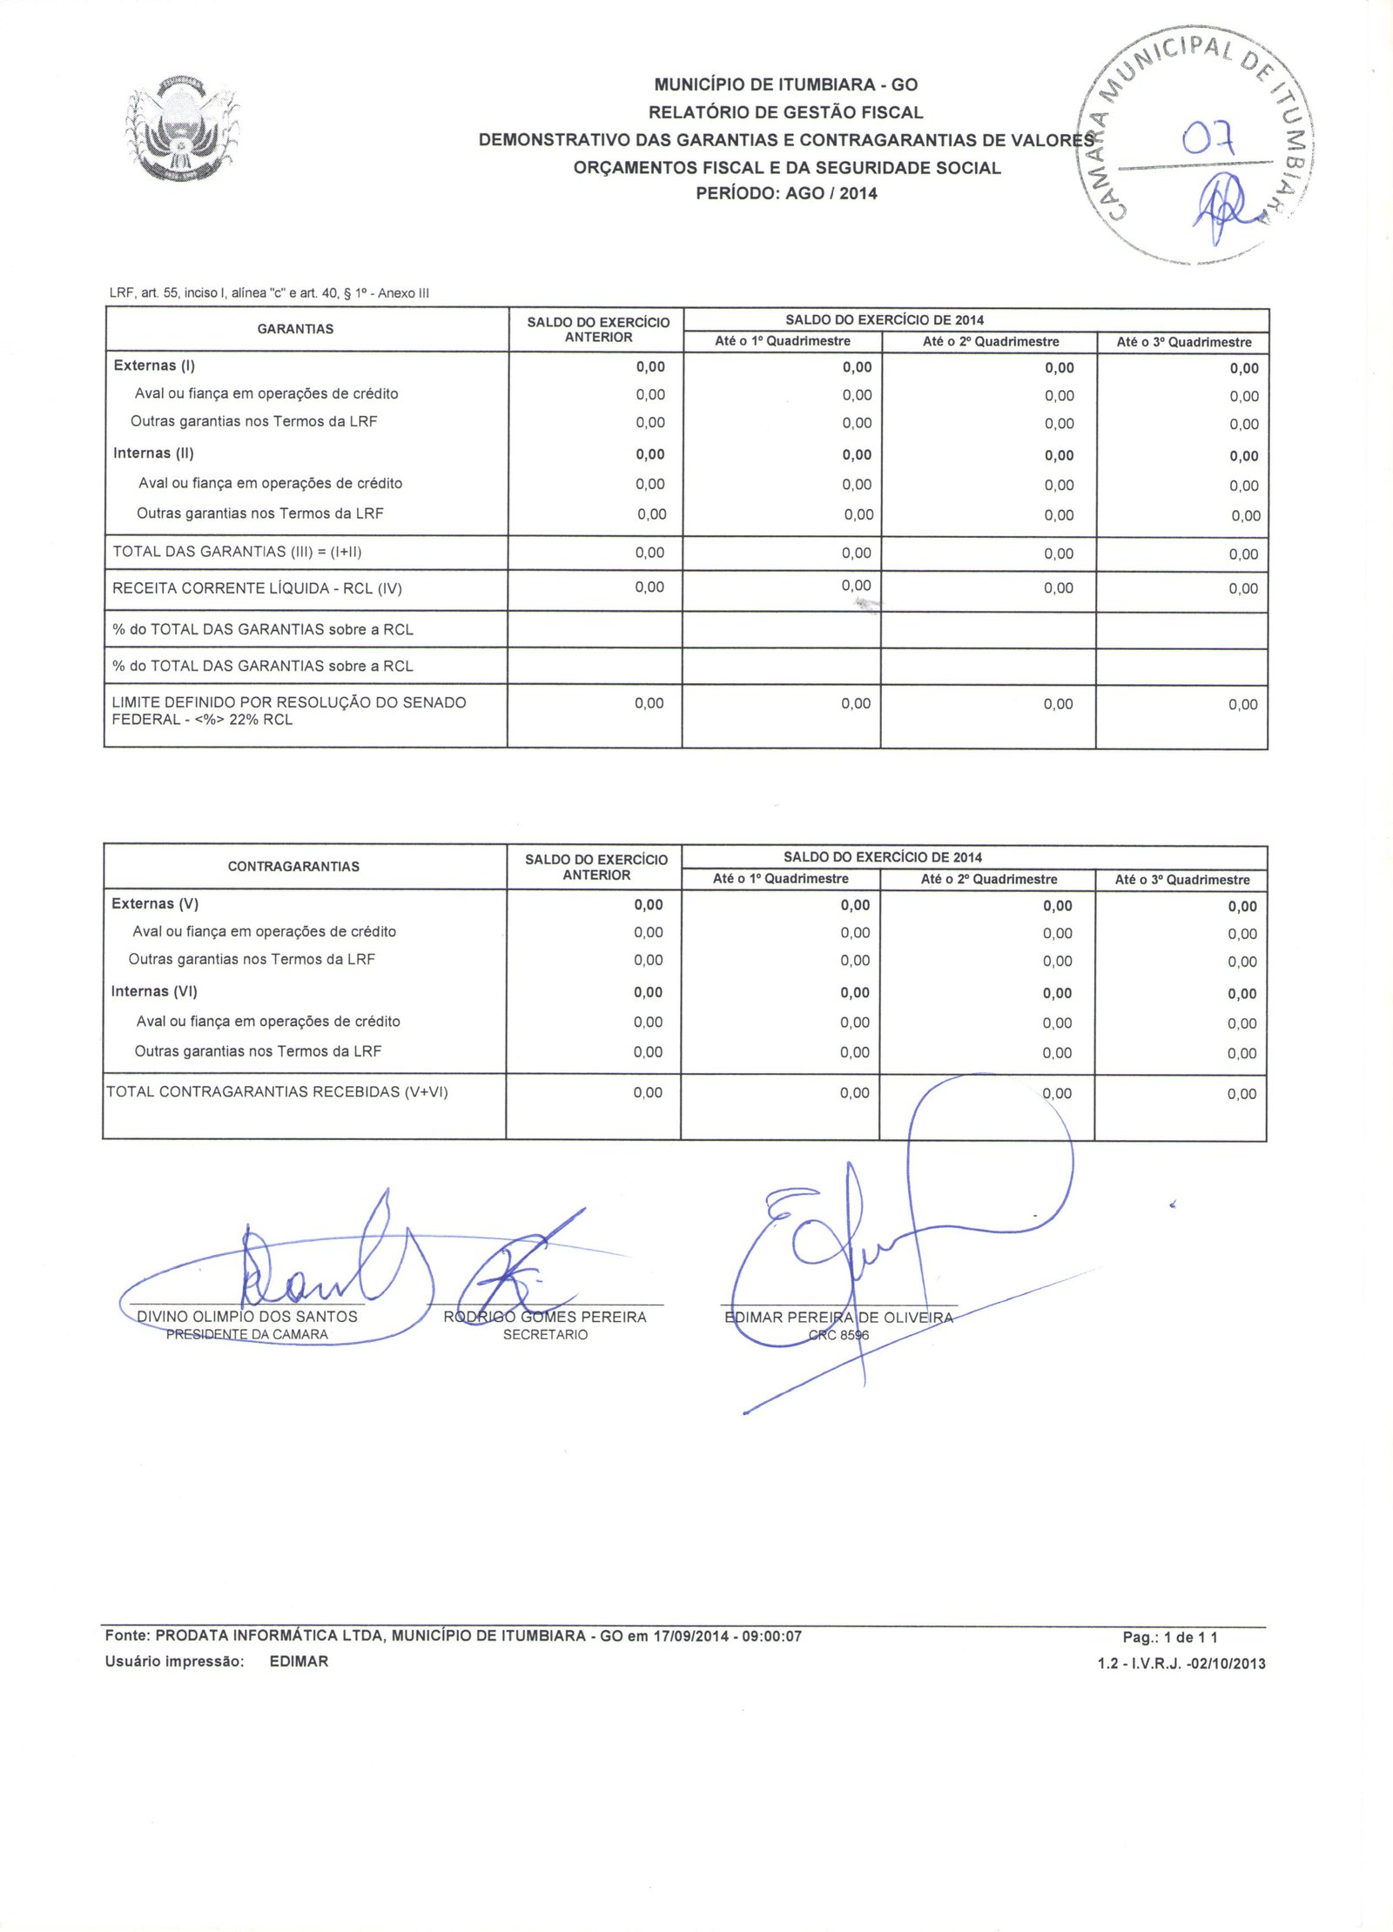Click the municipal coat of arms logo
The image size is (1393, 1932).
coord(181,129)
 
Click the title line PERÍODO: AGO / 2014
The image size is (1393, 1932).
coord(786,193)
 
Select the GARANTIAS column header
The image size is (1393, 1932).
coord(295,329)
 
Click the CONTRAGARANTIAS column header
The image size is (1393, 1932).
coord(293,867)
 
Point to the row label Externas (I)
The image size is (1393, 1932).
coord(154,366)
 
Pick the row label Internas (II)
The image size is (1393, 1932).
coord(153,453)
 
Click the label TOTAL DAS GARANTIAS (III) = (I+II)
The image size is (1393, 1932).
coord(237,552)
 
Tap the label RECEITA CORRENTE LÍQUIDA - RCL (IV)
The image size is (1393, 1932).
coord(257,588)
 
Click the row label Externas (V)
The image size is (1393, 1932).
coord(155,903)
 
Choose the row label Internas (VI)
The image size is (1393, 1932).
coord(154,991)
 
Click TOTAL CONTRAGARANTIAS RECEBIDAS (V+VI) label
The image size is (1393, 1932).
coord(277,1092)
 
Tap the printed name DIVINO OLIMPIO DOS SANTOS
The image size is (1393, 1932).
coord(247,1317)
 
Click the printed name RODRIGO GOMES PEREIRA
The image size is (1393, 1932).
coord(545,1318)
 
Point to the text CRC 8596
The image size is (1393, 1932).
coord(838,1335)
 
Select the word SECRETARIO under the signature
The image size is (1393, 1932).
coord(545,1335)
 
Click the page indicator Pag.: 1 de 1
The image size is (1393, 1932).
coord(1169,1637)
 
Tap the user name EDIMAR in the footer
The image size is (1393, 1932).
coord(299,1661)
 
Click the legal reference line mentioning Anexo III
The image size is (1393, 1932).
coord(269,293)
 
